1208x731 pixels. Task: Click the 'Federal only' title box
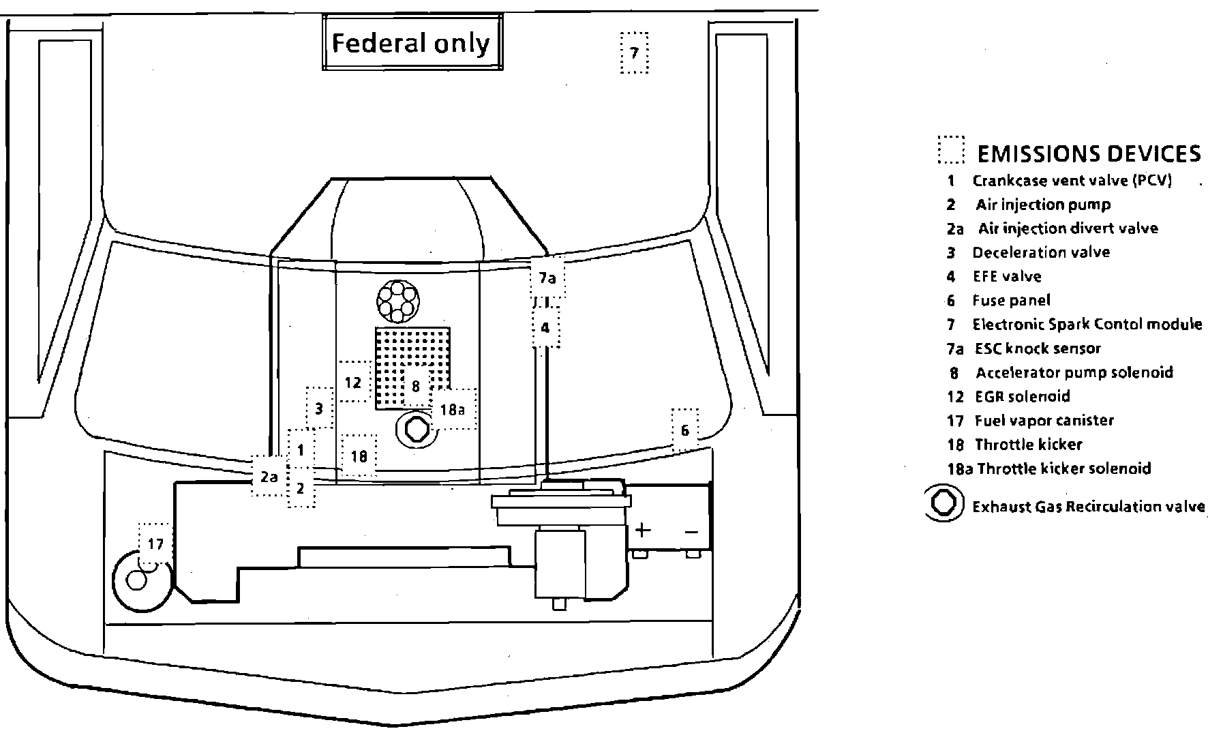coord(412,44)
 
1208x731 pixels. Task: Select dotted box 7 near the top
coord(634,53)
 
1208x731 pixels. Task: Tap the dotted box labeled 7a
coord(547,278)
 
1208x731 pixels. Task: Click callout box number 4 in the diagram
coord(545,328)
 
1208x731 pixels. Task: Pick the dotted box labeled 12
coord(354,382)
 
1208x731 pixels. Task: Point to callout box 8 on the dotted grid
coord(416,387)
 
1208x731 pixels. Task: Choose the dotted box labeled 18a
coord(453,409)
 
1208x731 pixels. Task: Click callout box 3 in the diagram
coord(319,409)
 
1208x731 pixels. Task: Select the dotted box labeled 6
coord(685,430)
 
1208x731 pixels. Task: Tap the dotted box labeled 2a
coord(269,477)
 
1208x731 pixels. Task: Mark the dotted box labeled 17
coord(155,544)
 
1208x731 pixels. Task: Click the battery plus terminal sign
coord(643,530)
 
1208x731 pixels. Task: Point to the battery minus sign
coord(691,531)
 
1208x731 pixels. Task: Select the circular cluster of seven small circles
coord(398,300)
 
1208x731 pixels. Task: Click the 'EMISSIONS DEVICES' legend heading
coord(1089,154)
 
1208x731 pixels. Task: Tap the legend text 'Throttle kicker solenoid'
coord(1064,468)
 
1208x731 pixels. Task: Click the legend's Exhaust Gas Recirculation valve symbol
coord(943,504)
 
